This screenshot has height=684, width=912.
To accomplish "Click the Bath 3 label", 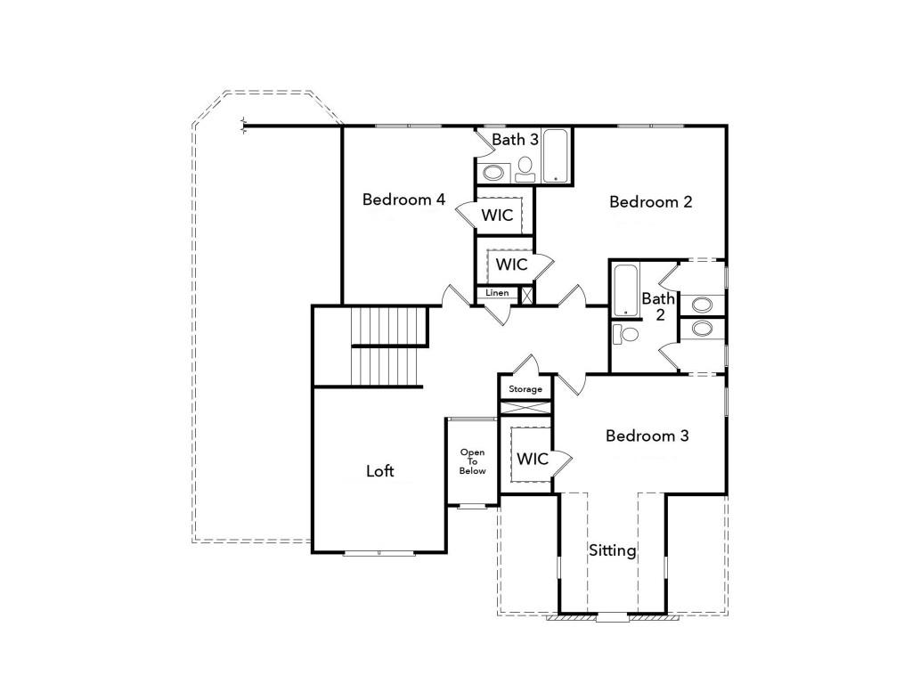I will pos(515,140).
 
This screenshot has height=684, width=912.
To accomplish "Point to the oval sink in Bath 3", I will pos(492,173).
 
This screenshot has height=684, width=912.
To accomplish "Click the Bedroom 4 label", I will pos(403,199).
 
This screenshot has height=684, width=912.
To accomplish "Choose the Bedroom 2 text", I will pos(650,202).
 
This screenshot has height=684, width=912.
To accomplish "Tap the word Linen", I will pos(497,293).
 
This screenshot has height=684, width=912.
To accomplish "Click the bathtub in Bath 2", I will pos(625,289).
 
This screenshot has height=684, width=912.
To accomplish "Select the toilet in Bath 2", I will pos(627,335).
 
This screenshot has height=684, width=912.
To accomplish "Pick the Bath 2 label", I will pos(658,306).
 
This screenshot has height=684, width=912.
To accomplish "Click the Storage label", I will pos(525,389).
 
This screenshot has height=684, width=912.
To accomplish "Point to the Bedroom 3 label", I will pos(647,436).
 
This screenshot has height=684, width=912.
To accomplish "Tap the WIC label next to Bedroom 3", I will pos(533,460).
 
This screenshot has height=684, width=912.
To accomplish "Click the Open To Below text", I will pos(473,461).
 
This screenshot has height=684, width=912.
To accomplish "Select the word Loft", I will pos(380,471).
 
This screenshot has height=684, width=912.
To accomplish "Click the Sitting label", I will pos(613,550).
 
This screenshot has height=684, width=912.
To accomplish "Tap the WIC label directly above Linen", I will pos(511,265).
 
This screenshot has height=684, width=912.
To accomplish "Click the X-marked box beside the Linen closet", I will pos(526,295).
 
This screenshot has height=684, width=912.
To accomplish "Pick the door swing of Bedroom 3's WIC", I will pos(560,460).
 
